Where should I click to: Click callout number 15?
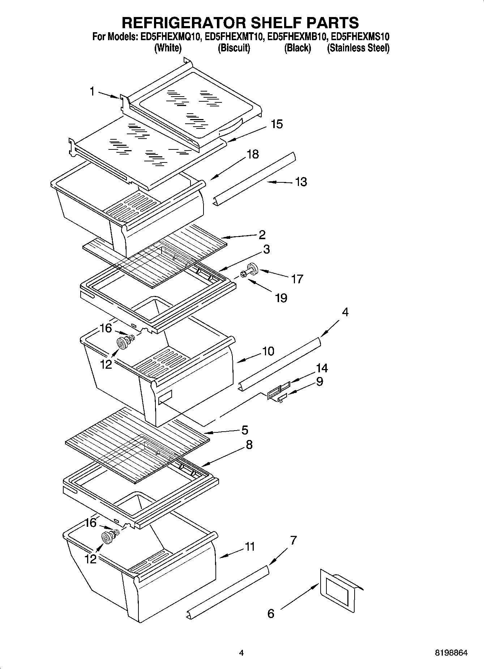click(x=277, y=124)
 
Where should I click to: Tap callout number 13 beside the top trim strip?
click(x=301, y=182)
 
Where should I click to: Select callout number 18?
click(x=253, y=154)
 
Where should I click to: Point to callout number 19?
click(x=281, y=298)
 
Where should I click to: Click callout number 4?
click(x=345, y=312)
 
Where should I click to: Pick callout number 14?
click(x=322, y=368)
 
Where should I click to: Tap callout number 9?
click(x=319, y=381)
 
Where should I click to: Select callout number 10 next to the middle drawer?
click(x=268, y=351)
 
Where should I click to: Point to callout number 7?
click(x=293, y=541)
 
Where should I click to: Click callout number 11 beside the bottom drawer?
click(x=250, y=547)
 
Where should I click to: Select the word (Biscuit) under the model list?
click(x=234, y=48)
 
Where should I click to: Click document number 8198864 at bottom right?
click(x=451, y=653)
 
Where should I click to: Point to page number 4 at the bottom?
click(x=241, y=653)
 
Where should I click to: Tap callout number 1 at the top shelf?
click(x=92, y=92)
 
